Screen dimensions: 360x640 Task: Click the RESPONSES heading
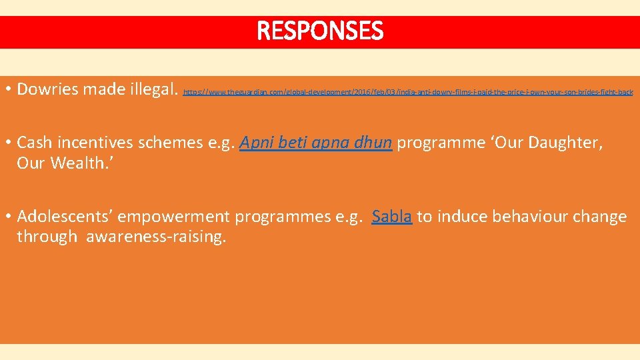coord(320,31)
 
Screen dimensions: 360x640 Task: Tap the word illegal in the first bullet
coord(152,89)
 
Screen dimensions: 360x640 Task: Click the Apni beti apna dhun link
coord(315,143)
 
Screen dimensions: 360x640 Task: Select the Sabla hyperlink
coord(392,217)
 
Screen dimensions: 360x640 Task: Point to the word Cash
coord(33,143)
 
